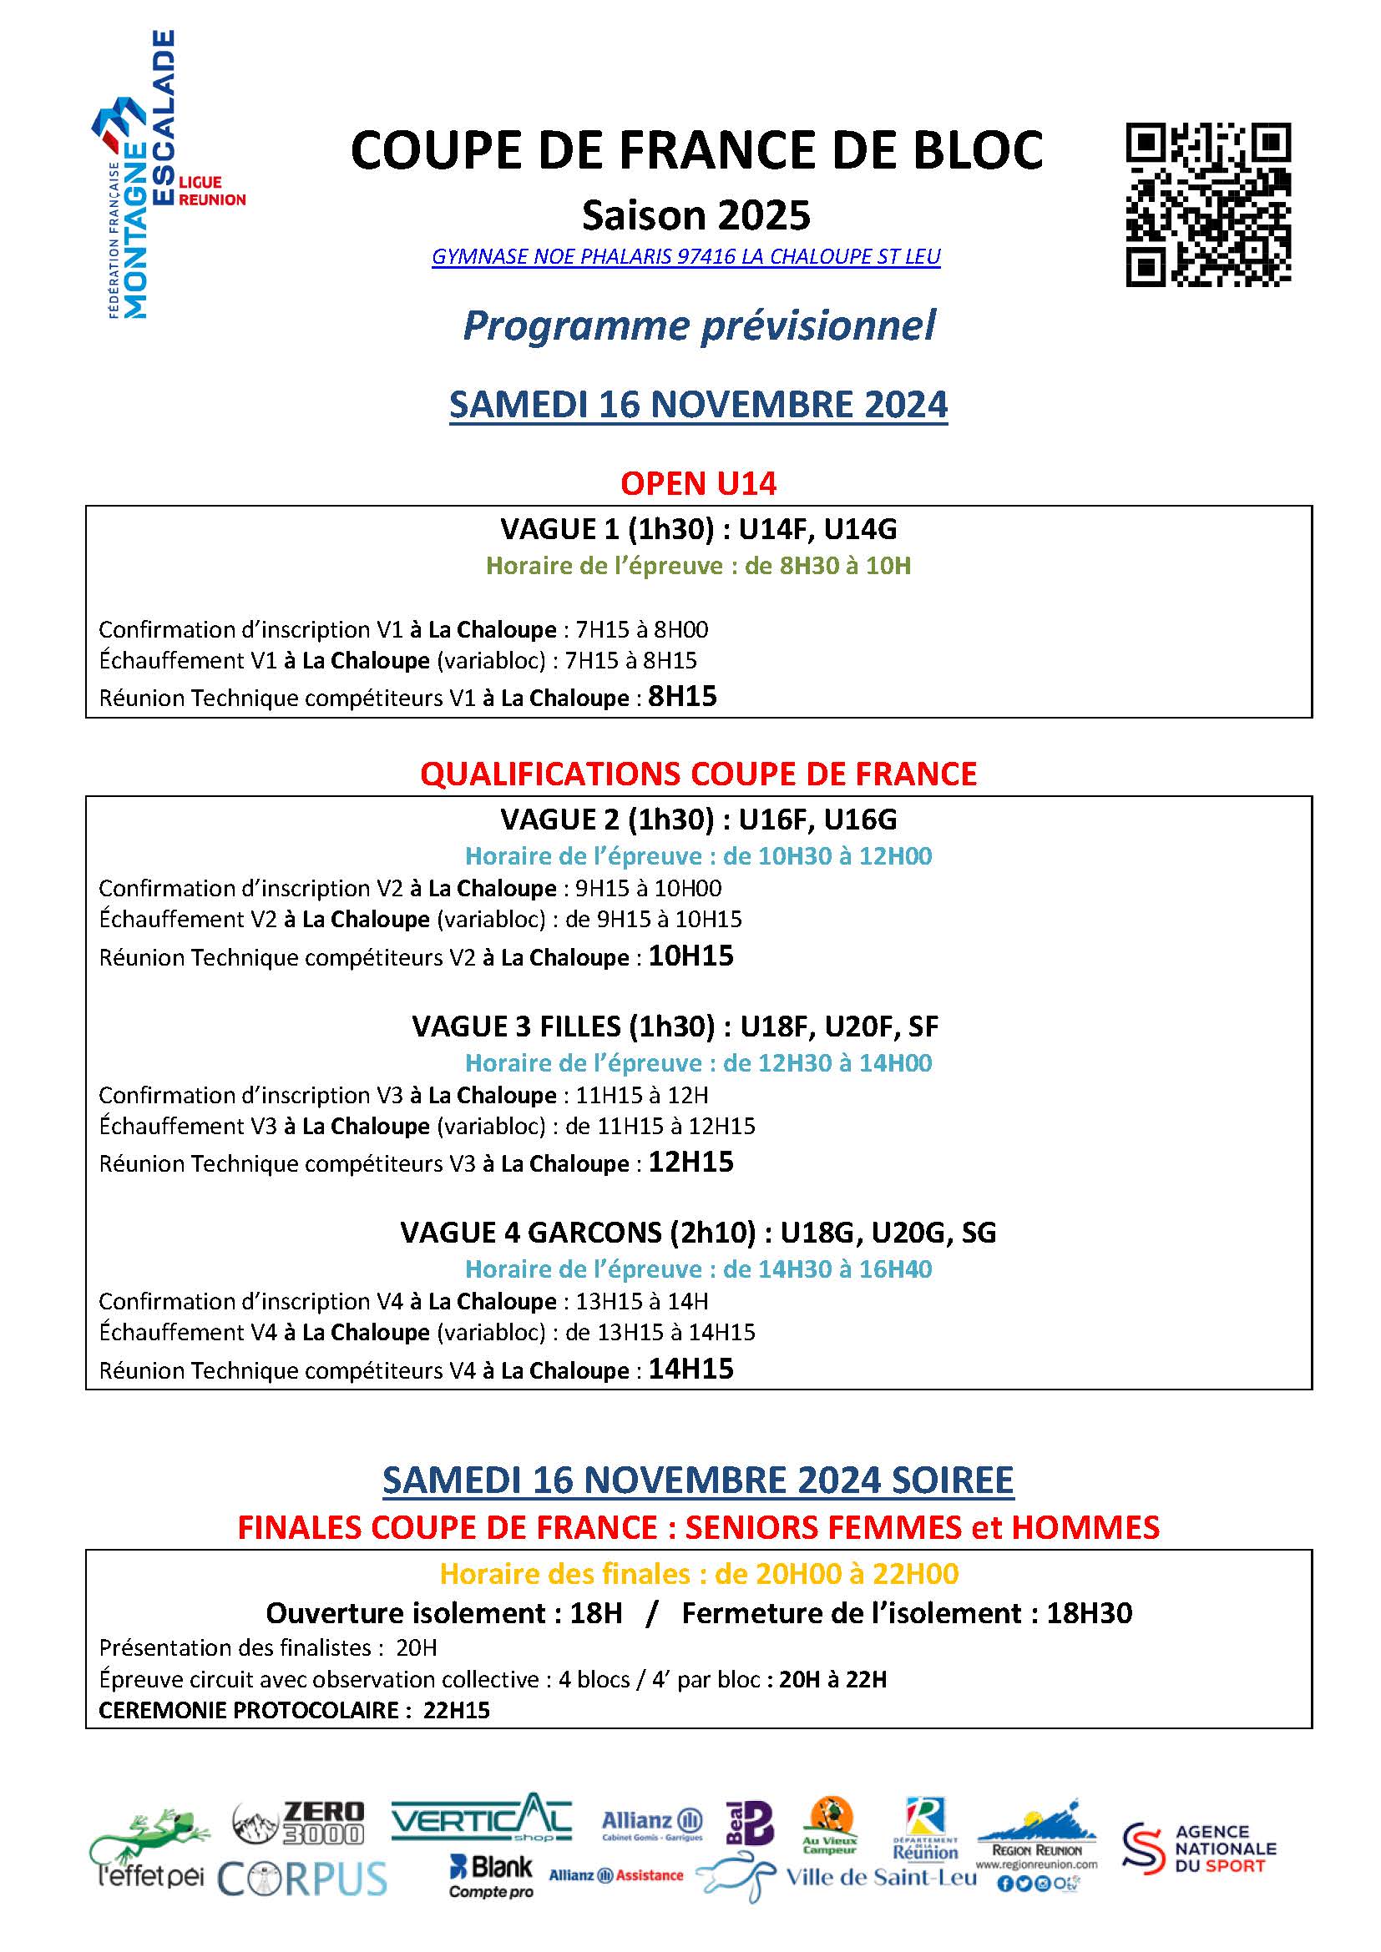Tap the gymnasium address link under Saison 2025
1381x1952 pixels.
pos(686,257)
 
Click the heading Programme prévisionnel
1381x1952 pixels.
pos(698,325)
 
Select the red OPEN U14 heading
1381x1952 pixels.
pos(698,484)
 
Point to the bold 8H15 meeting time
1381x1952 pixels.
pos(683,697)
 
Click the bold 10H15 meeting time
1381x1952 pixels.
pos(690,956)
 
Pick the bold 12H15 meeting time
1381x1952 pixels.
pos(690,1163)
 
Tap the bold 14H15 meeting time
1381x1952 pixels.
pos(690,1369)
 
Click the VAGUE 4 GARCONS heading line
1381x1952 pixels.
pos(698,1233)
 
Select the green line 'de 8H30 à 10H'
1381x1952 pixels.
pos(698,566)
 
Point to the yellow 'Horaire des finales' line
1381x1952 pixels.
pos(698,1575)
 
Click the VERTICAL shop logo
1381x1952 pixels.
pos(481,1818)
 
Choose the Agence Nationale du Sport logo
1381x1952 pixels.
pos(1199,1849)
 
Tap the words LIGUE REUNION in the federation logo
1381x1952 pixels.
pos(212,191)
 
